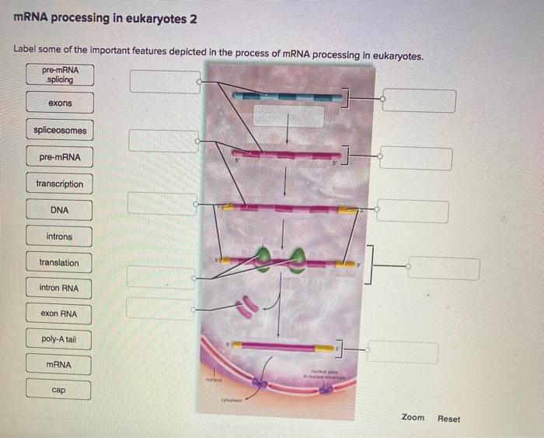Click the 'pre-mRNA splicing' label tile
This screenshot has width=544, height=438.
[x=60, y=75]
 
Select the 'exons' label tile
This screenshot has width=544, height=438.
[x=60, y=103]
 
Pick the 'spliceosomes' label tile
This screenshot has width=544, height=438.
[x=60, y=130]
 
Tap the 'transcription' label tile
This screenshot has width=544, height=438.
[x=60, y=184]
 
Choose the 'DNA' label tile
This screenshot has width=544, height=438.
[x=60, y=210]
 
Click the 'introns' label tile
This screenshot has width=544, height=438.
[x=60, y=237]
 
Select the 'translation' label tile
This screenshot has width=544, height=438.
[x=60, y=263]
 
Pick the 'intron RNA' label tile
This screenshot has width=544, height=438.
[x=60, y=289]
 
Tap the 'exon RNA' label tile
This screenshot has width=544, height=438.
[x=60, y=314]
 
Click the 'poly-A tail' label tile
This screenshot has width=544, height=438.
[x=60, y=340]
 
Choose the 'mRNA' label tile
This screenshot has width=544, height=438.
[x=60, y=364]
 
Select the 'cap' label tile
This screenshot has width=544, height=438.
[x=60, y=389]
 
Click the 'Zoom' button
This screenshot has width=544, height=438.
[x=413, y=418]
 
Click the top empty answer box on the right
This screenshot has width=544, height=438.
[x=419, y=100]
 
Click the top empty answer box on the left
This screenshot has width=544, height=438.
[x=165, y=82]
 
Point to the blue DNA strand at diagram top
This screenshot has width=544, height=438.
[x=288, y=96]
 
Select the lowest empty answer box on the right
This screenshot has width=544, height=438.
[x=403, y=352]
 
